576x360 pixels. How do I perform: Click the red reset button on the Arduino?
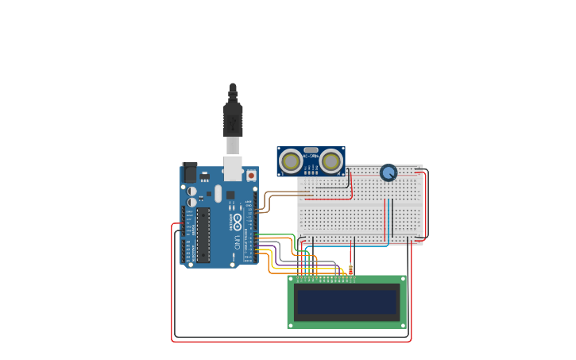pyautogui.click(x=251, y=175)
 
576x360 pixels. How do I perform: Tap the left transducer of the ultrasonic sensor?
pyautogui.click(x=291, y=161)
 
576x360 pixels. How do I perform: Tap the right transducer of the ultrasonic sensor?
pyautogui.click(x=331, y=161)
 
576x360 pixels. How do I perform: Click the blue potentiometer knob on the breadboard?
pyautogui.click(x=388, y=172)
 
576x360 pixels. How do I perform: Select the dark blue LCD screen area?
pyautogui.click(x=346, y=302)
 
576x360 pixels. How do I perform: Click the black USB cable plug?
pyautogui.click(x=232, y=119)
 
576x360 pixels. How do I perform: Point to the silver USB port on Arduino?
pyautogui.click(x=232, y=168)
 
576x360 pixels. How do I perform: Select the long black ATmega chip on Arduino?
pyautogui.click(x=203, y=235)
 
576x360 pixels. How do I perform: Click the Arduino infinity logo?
pyautogui.click(x=237, y=220)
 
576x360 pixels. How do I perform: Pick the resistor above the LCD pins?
pyautogui.click(x=350, y=270)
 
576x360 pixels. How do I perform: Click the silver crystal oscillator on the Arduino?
pyautogui.click(x=218, y=192)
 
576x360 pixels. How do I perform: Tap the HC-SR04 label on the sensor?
pyautogui.click(x=311, y=150)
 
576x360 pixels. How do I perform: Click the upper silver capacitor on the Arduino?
pyautogui.click(x=192, y=191)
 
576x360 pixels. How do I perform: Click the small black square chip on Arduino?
pyautogui.click(x=230, y=195)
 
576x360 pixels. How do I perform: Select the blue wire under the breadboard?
pyautogui.click(x=350, y=246)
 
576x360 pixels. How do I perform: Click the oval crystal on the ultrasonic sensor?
pyautogui.click(x=311, y=149)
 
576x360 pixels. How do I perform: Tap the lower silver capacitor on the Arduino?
pyautogui.click(x=192, y=202)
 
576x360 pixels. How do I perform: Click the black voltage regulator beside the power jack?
pyautogui.click(x=204, y=176)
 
